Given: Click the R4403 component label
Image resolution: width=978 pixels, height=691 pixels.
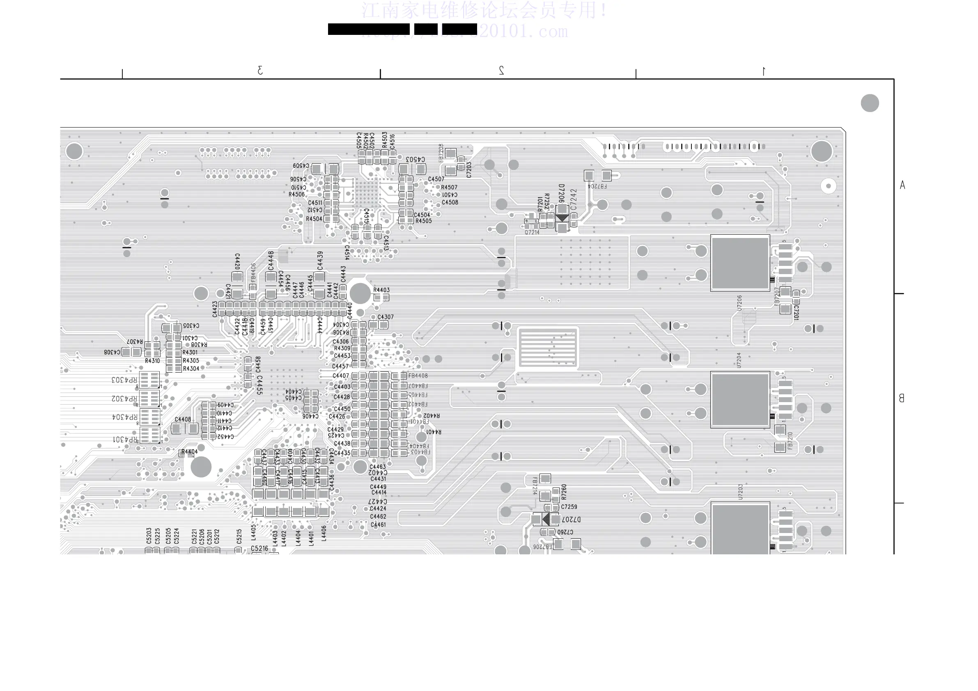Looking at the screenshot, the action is (381, 290).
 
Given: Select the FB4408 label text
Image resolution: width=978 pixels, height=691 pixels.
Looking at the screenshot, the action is (418, 375).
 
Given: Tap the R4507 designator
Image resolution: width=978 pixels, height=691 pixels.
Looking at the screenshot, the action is (449, 188).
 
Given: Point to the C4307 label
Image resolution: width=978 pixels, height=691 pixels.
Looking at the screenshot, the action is (386, 317).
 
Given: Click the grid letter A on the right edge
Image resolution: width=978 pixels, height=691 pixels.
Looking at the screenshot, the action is (902, 185).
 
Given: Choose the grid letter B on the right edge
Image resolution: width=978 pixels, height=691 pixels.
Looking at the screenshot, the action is (901, 398).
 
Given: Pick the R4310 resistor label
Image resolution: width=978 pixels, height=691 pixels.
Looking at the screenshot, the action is (152, 361).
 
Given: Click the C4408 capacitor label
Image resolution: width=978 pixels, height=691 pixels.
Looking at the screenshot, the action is (183, 419).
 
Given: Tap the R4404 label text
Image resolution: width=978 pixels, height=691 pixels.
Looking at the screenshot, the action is (189, 452).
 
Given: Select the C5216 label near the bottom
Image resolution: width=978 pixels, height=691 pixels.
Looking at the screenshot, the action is (259, 548).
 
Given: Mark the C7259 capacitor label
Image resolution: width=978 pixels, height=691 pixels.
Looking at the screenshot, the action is (569, 507).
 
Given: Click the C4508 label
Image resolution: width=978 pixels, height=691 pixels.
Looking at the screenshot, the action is (450, 202).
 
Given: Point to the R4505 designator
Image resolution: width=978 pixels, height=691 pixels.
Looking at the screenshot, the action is (423, 221).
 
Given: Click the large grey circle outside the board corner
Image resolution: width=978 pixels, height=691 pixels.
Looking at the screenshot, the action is (870, 103).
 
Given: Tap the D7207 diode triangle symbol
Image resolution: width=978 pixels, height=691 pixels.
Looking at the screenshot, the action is (546, 519).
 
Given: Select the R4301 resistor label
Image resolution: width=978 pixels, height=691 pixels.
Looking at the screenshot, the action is (190, 352).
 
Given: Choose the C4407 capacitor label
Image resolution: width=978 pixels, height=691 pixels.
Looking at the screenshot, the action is (341, 375).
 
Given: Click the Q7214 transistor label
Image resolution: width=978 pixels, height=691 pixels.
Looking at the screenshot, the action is (532, 233).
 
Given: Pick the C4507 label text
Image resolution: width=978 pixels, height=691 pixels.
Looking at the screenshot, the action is (436, 179).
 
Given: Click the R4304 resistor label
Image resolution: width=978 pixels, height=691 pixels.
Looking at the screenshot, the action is (191, 369).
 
